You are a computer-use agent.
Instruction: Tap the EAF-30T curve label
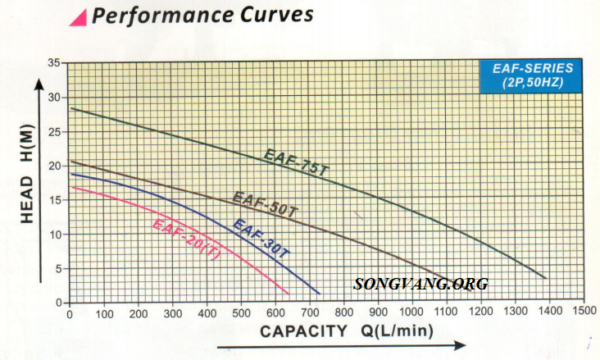tap(261, 238)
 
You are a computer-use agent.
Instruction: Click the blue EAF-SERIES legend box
tap(531, 75)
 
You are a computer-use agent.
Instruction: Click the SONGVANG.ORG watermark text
tap(421, 285)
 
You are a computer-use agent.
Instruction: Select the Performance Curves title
tap(202, 15)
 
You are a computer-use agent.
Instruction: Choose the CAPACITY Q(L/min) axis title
tap(348, 331)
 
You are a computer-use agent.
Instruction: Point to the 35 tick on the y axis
tap(55, 63)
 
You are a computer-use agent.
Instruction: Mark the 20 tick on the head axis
tap(55, 166)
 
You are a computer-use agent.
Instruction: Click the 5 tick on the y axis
tap(58, 269)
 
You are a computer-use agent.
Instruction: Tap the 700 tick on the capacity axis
tap(309, 312)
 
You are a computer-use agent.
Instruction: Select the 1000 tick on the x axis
tap(412, 312)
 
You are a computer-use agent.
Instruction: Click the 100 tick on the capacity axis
tap(103, 312)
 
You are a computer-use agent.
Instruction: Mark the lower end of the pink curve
tap(289, 294)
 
